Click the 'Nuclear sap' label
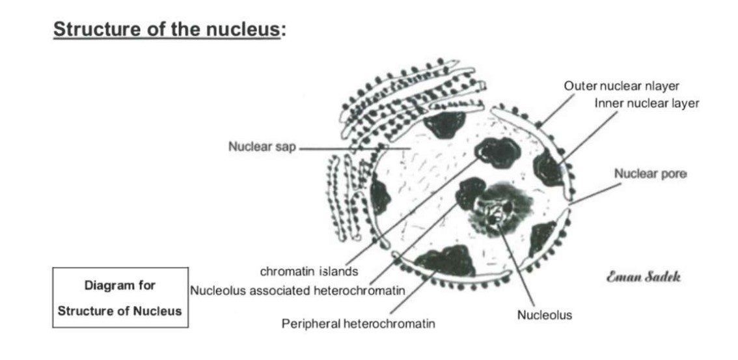(x=262, y=146)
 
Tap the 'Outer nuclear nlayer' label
(x=621, y=86)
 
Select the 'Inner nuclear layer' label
(x=646, y=103)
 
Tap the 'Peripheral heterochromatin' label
(x=358, y=323)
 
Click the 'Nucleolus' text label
(x=544, y=315)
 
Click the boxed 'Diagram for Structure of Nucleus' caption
(x=120, y=298)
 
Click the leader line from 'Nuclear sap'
(x=338, y=149)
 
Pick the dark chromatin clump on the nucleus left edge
(x=379, y=198)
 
